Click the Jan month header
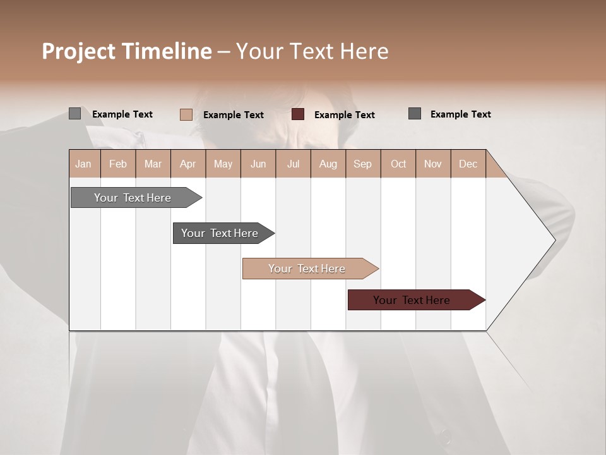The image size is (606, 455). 84,164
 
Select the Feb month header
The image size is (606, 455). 118,164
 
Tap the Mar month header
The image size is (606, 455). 153,164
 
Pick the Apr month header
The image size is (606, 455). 188,164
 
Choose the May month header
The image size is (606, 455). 223,164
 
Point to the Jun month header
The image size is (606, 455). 258,164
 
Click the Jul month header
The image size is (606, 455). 293,164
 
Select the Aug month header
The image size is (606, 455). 328,164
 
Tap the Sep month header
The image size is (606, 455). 363,164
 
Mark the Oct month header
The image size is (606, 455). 398,164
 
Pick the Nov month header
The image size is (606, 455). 433,164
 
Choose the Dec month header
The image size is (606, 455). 468,164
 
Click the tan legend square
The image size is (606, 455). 186,114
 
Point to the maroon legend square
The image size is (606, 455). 298,114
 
